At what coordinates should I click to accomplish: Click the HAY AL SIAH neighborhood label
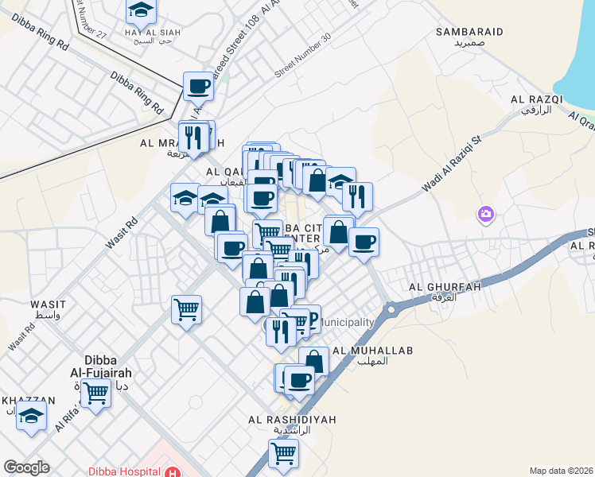click(153, 32)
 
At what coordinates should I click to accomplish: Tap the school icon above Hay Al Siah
click(141, 10)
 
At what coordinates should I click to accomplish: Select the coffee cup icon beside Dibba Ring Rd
click(198, 86)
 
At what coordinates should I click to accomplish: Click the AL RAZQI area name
click(537, 99)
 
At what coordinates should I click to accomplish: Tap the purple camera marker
click(485, 214)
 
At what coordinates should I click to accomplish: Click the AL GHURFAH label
click(445, 287)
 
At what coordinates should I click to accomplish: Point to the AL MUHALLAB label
click(360, 350)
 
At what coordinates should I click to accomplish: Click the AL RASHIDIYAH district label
click(291, 419)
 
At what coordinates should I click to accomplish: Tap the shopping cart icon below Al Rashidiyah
click(283, 453)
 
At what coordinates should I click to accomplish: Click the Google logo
click(26, 467)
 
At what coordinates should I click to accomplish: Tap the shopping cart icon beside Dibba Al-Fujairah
click(95, 391)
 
